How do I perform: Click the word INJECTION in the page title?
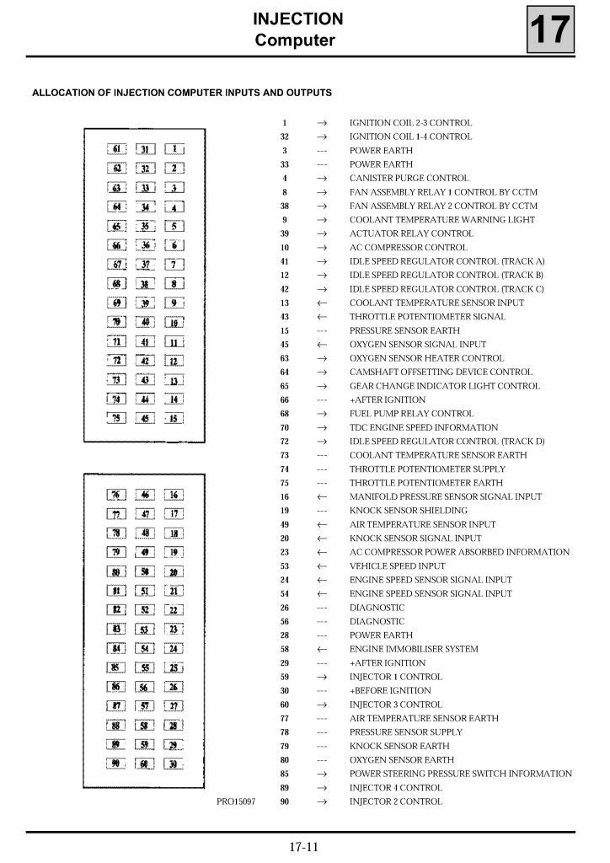[297, 19]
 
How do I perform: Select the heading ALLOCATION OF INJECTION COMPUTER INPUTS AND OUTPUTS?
[181, 93]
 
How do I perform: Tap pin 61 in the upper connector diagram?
[118, 149]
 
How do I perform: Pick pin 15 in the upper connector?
[174, 418]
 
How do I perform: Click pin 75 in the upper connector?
[118, 418]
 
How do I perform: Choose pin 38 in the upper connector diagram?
[146, 284]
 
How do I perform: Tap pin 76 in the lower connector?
[118, 495]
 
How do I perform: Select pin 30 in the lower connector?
[174, 764]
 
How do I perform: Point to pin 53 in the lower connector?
[146, 629]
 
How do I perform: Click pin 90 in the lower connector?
[118, 764]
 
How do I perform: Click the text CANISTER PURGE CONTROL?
[409, 178]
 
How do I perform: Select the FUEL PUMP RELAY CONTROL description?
[411, 414]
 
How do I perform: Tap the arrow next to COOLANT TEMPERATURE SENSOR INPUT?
[321, 303]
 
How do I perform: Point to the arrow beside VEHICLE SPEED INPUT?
[321, 566]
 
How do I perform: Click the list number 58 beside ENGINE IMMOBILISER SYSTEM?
[285, 649]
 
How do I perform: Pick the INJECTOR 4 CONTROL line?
[395, 788]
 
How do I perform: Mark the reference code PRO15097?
[236, 801]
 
